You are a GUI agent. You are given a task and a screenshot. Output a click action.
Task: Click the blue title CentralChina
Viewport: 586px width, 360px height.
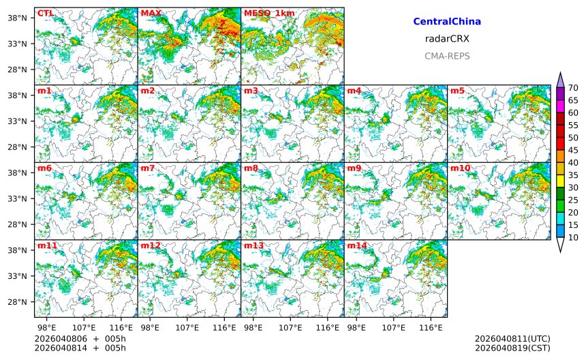point(447,22)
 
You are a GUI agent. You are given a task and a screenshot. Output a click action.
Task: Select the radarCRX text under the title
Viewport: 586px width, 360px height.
point(447,39)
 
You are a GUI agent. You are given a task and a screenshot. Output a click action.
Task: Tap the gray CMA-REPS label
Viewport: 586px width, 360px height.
point(447,56)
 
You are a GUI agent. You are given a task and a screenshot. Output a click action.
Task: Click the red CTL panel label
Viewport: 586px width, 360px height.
point(45,13)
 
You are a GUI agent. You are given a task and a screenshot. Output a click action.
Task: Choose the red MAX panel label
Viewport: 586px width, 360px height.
point(151,13)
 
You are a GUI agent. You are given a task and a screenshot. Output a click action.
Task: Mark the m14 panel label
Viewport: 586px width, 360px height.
point(357,245)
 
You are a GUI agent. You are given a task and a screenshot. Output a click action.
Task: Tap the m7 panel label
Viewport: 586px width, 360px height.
point(148,168)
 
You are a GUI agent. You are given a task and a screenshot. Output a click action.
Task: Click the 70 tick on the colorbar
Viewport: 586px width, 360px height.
point(574,88)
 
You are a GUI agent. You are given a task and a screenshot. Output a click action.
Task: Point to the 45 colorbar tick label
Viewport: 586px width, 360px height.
point(574,150)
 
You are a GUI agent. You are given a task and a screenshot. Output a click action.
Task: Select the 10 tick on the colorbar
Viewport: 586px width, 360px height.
point(574,237)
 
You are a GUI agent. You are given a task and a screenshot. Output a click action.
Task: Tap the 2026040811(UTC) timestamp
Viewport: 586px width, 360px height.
point(512,339)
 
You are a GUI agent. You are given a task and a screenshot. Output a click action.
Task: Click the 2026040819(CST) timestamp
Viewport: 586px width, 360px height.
point(512,348)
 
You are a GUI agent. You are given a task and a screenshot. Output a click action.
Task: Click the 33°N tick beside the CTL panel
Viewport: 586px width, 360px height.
point(20,44)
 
